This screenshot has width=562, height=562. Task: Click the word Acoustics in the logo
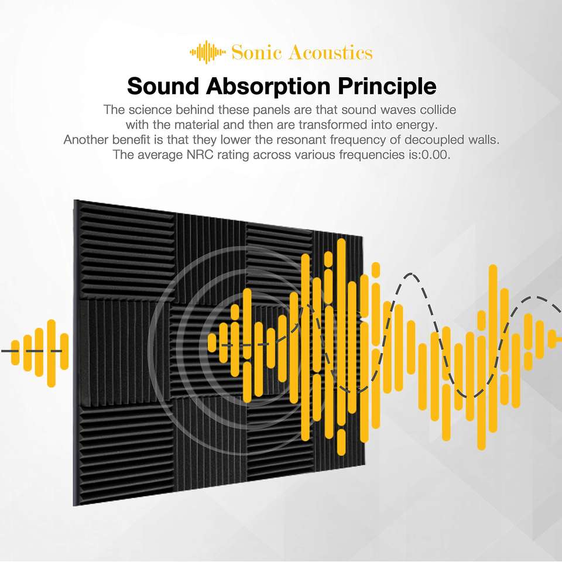pos(330,52)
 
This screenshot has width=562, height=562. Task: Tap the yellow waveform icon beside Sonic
pos(208,52)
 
